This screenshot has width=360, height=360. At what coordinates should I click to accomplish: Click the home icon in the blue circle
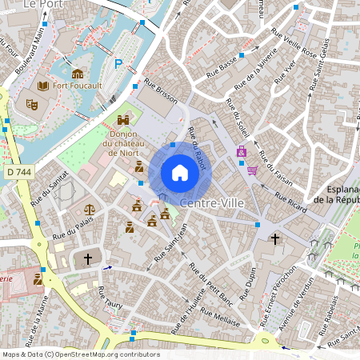tap(180, 173)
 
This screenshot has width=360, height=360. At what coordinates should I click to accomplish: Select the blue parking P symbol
tap(119, 64)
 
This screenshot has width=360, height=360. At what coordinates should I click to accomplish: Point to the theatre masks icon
tap(32, 104)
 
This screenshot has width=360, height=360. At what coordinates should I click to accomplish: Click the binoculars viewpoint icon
tap(123, 120)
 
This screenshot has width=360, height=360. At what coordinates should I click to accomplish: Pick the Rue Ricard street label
tap(290, 204)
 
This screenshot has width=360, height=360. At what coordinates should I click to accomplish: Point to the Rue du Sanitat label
tap(46, 190)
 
